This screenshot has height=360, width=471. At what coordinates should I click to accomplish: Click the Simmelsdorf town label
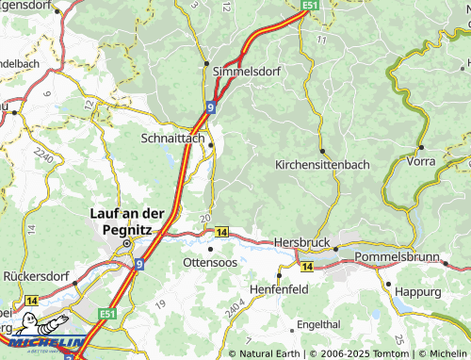click(x=247, y=71)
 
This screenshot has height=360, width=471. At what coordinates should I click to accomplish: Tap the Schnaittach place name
click(x=171, y=137)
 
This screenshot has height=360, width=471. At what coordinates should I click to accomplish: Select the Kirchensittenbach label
click(x=322, y=164)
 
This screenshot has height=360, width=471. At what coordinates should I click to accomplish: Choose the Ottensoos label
click(x=211, y=261)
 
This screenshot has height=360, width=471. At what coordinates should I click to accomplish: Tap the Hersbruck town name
click(x=301, y=242)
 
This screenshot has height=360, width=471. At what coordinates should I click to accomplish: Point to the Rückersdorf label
click(x=37, y=276)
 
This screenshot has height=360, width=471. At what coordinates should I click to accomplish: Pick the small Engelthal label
click(x=317, y=323)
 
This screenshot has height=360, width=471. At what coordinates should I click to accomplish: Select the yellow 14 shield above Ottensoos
click(x=221, y=231)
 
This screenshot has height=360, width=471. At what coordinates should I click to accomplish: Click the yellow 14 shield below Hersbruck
click(x=306, y=266)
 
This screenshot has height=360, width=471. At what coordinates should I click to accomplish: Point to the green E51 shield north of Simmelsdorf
click(x=312, y=6)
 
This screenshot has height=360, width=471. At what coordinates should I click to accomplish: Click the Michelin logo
click(x=43, y=345)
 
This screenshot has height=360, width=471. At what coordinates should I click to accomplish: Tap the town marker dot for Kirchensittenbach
click(x=322, y=151)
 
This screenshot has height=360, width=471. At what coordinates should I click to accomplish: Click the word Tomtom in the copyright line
click(x=393, y=353)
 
